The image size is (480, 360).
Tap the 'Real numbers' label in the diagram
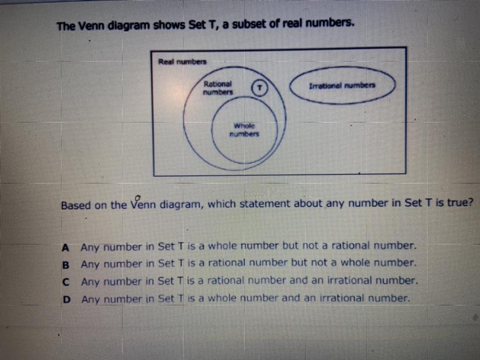182,62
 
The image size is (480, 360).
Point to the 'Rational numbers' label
218,88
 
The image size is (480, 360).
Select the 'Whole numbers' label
244,130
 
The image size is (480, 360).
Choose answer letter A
65,247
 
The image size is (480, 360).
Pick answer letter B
66,265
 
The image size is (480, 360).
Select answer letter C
66,282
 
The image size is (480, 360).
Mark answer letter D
66,300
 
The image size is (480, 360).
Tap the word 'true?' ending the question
460,203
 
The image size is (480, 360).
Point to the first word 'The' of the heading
66,26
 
